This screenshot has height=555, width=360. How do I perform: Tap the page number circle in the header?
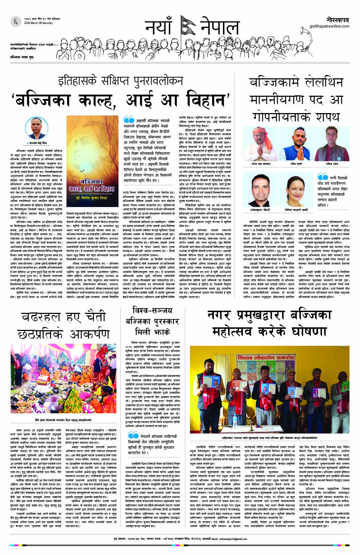[15, 22]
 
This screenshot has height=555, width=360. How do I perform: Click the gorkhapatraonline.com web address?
[329, 26]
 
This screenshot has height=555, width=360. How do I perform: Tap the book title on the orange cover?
[91, 185]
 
